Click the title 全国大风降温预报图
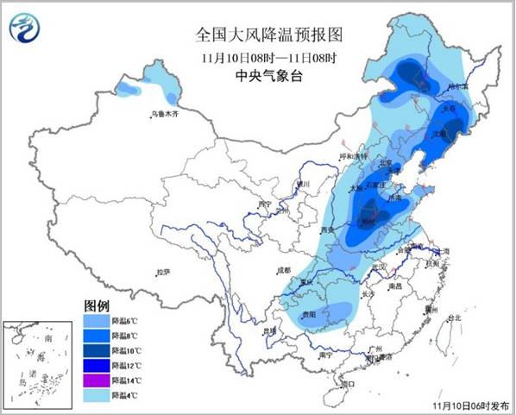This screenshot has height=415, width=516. (257, 35)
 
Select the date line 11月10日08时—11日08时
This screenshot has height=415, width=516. (257, 57)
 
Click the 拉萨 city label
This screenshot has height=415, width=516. (163, 272)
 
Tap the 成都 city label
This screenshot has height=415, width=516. (284, 270)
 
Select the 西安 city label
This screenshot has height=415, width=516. (326, 231)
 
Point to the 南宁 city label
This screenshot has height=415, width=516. (325, 355)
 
